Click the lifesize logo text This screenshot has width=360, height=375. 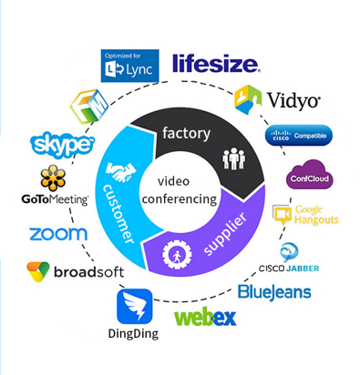(216, 64)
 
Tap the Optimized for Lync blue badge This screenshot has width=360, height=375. (129, 66)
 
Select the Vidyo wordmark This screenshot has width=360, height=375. (293, 100)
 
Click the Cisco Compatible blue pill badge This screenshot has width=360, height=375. (299, 136)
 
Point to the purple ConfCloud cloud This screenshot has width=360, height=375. (310, 175)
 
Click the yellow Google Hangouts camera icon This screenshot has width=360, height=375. (283, 215)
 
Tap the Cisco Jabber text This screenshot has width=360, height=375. (289, 269)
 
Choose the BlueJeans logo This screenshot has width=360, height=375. (274, 292)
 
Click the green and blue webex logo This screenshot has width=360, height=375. (205, 318)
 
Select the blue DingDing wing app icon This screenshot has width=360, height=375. (135, 307)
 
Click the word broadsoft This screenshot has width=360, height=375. (88, 272)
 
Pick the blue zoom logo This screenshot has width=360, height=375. (58, 234)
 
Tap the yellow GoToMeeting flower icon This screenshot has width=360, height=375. (53, 178)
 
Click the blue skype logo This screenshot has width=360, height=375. (62, 146)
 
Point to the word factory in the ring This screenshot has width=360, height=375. (186, 133)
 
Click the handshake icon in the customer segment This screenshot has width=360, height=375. (120, 172)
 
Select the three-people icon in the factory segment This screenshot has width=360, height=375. (233, 158)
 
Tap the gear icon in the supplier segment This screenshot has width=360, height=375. (177, 255)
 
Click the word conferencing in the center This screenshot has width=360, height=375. (180, 199)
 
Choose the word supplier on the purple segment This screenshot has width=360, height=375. (225, 234)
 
